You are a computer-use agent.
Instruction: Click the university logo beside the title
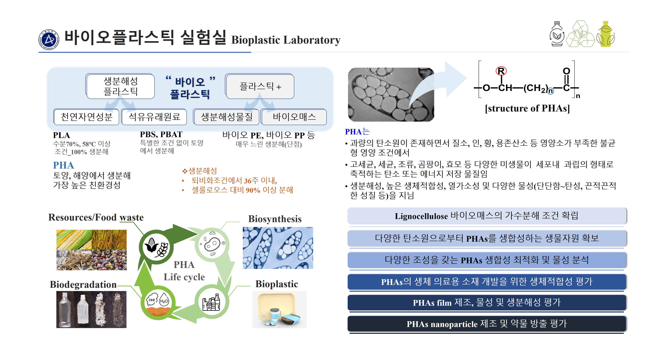tap(49, 40)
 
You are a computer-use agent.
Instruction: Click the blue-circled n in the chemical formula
tap(550, 91)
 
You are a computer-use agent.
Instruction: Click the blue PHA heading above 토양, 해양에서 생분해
tap(63, 165)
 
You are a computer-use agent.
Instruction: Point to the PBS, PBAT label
tap(161, 135)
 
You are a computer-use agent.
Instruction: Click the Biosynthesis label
tap(275, 219)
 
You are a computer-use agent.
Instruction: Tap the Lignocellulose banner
tap(487, 216)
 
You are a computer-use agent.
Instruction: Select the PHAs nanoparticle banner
tap(487, 324)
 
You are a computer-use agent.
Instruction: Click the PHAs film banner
tap(487, 303)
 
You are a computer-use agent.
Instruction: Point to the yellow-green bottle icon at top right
tap(606, 34)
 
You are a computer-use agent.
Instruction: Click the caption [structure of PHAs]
tap(527, 108)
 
